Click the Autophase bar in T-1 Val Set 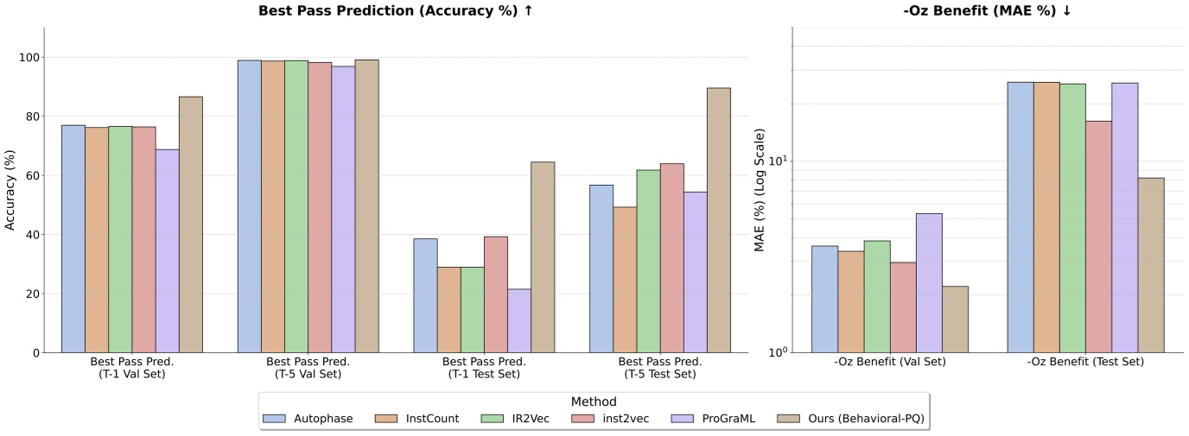pyautogui.click(x=73, y=239)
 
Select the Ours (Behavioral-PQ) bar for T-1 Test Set pyautogui.click(x=543, y=257)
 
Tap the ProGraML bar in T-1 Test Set pyautogui.click(x=519, y=320)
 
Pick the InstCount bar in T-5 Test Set pyautogui.click(x=625, y=280)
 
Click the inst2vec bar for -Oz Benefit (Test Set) pyautogui.click(x=1098, y=237)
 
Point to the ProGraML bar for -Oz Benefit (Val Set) pyautogui.click(x=929, y=283)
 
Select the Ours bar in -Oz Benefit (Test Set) pyautogui.click(x=1151, y=265)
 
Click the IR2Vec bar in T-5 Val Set pyautogui.click(x=296, y=206)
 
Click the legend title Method pyautogui.click(x=594, y=402)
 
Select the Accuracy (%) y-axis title pyautogui.click(x=10, y=190)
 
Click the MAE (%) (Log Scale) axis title pyautogui.click(x=760, y=190)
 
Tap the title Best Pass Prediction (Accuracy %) pyautogui.click(x=395, y=11)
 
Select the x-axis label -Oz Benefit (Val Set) pyautogui.click(x=890, y=362)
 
